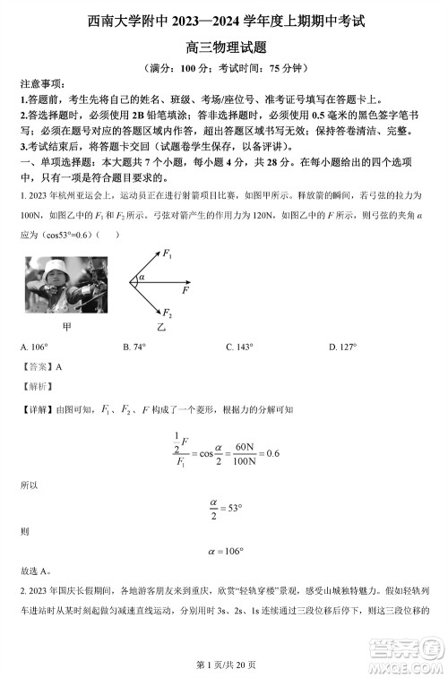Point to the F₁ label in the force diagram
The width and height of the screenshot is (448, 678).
168,255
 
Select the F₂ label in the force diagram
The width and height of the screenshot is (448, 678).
168,314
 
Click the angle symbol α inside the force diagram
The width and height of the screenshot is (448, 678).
142,278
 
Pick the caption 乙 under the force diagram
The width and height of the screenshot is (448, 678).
161,328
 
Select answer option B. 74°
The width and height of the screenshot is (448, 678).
134,347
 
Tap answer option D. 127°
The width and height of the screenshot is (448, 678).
342,347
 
